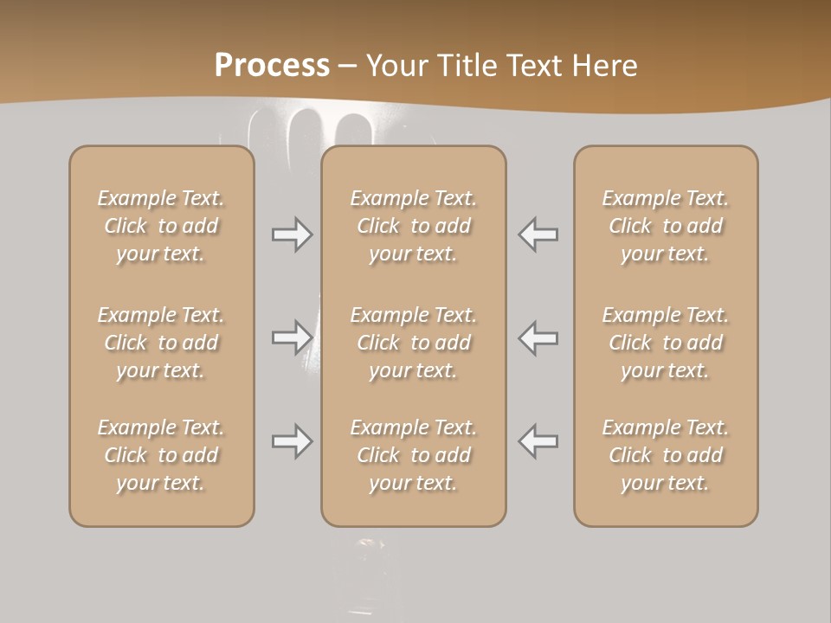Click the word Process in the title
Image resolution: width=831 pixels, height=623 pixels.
(x=272, y=65)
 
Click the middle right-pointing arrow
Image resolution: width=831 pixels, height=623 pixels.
(x=293, y=337)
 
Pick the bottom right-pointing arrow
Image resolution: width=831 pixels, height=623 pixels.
(x=293, y=441)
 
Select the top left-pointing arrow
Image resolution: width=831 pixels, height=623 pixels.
(x=538, y=234)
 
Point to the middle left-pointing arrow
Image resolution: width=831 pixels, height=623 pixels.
(x=538, y=337)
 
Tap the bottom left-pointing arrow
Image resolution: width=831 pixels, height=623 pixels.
(x=538, y=441)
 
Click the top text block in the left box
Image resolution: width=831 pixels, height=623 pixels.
(x=161, y=226)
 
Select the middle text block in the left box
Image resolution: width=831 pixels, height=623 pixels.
(x=161, y=343)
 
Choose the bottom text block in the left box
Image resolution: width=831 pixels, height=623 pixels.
(x=161, y=455)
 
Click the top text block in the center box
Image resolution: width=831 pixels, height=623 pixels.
(x=413, y=226)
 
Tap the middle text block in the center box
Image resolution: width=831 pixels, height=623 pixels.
(x=413, y=343)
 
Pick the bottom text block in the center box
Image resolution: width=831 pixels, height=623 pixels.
(x=413, y=455)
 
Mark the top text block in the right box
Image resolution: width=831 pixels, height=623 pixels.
(x=665, y=226)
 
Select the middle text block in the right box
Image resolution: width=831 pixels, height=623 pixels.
(x=665, y=343)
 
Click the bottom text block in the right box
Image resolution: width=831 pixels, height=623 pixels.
(x=665, y=455)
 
